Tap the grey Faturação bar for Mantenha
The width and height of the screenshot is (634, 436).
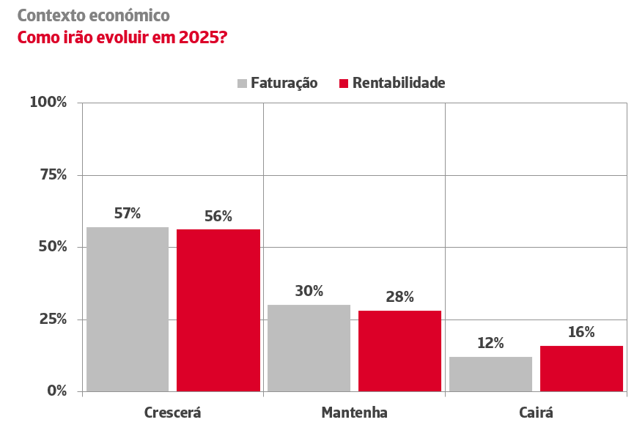coord(309,348)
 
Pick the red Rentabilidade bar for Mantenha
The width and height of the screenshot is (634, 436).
coord(399,351)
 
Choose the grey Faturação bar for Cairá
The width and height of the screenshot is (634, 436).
coord(490,374)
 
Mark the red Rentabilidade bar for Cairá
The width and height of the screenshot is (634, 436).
coord(581,369)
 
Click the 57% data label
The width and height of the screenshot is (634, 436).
coord(128,214)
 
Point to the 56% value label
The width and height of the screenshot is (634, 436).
coord(218,216)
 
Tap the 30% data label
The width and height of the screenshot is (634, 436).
coord(309,291)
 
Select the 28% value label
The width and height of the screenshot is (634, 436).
coord(399,297)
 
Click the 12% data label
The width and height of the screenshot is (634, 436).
coord(490,343)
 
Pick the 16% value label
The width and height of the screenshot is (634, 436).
coord(581,332)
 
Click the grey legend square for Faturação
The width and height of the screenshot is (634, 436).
coord(242,84)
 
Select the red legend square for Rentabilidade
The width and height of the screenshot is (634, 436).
coord(344,84)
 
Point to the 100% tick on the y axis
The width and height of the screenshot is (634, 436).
coord(48,103)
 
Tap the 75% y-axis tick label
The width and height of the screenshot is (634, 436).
coord(53,175)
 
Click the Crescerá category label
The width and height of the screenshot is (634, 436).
coord(172,413)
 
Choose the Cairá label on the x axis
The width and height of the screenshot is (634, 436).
coord(536,413)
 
